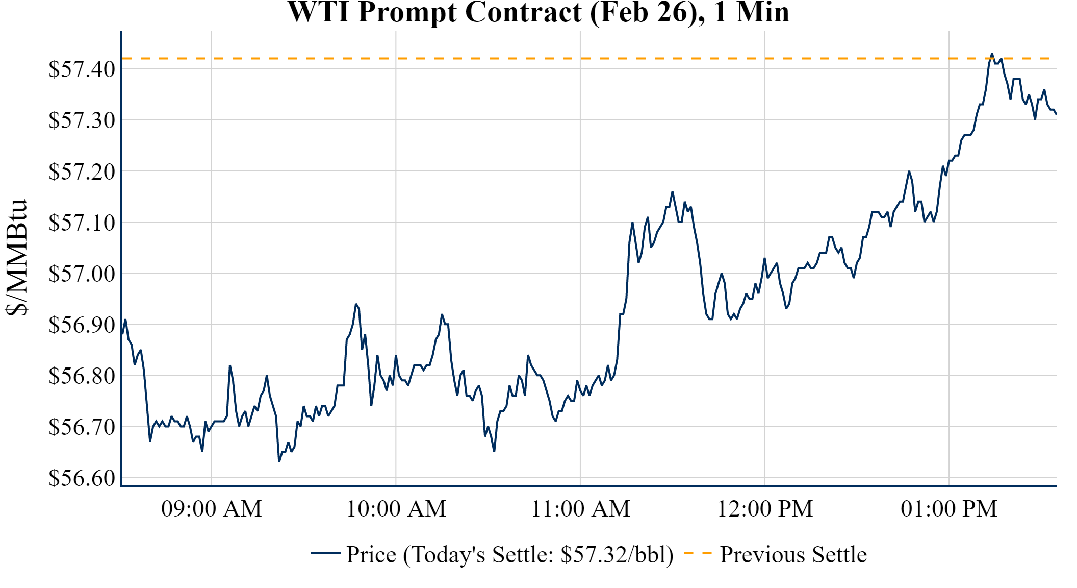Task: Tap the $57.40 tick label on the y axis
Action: tap(82, 69)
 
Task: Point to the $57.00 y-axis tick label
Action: tap(82, 274)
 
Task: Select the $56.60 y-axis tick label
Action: tap(82, 478)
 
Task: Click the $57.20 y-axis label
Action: tap(82, 172)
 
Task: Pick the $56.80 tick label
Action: tap(82, 376)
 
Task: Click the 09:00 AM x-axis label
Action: tap(211, 509)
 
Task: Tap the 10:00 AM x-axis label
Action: tap(396, 509)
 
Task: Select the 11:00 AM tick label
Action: tap(580, 509)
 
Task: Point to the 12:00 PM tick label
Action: tap(764, 509)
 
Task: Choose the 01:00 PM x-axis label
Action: tap(948, 509)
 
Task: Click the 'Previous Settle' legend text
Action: tap(793, 555)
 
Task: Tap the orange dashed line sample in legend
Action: tap(697, 553)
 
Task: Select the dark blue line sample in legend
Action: tap(325, 553)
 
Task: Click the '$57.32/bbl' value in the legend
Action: tap(617, 555)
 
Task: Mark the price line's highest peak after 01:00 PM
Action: tap(992, 54)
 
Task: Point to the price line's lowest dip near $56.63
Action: tap(279, 461)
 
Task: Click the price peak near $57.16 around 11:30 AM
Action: tap(673, 192)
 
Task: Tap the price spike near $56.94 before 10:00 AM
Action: tap(356, 304)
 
